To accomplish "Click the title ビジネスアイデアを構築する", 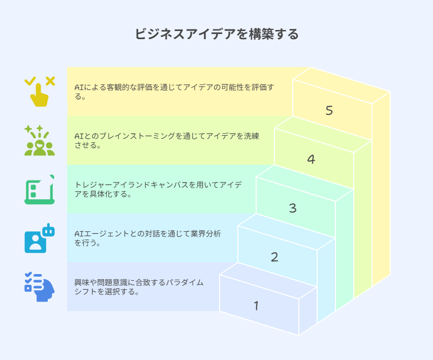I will [x=216, y=34].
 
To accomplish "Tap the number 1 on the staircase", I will [x=256, y=306].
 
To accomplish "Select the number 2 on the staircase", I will [x=274, y=257].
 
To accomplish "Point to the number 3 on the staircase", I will [x=293, y=208].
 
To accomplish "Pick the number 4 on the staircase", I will [x=311, y=159].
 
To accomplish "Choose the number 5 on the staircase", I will [x=329, y=110].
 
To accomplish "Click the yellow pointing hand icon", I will [x=40, y=95].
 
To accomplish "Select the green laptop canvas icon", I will [x=39, y=189].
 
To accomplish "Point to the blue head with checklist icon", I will [x=39, y=287].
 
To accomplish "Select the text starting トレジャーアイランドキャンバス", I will [x=158, y=189].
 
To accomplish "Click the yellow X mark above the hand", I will [x=50, y=80].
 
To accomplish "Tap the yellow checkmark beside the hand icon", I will [x=30, y=80].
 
